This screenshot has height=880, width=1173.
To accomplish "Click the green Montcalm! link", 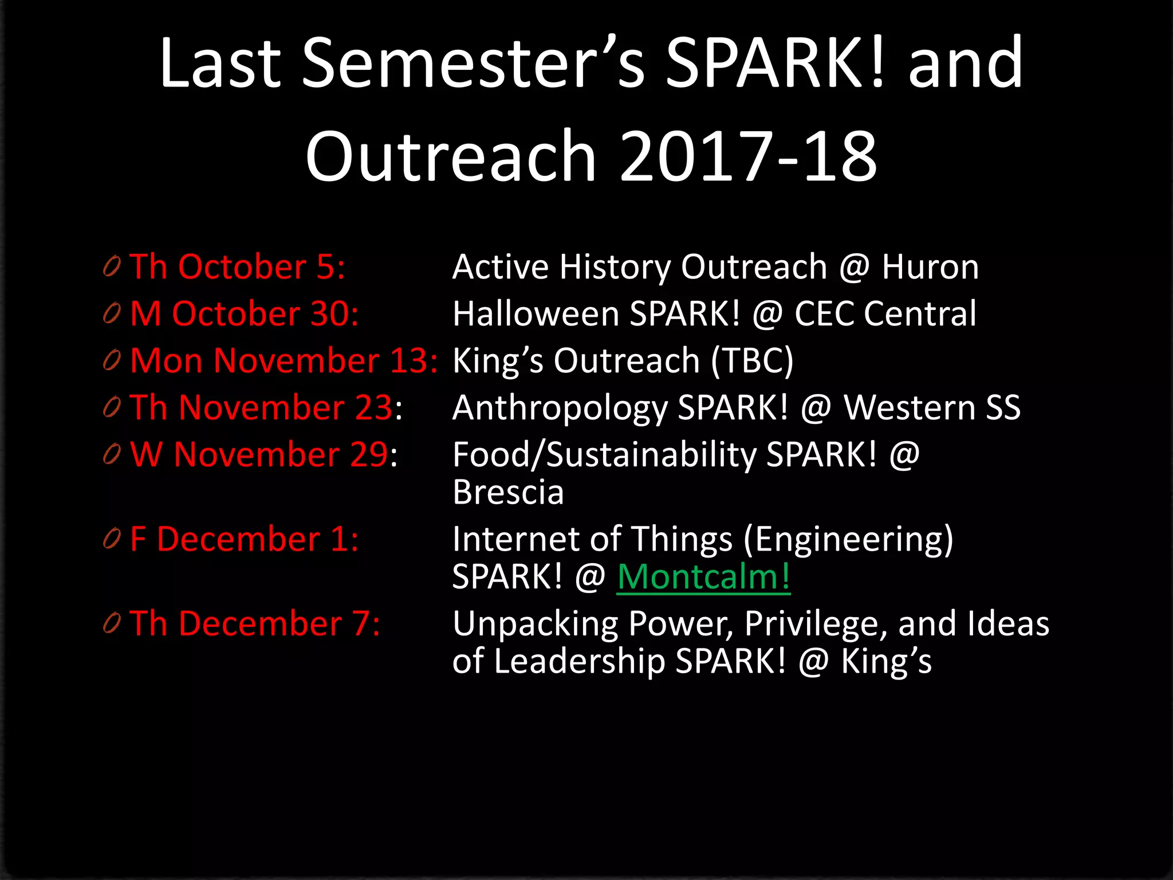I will (x=703, y=576).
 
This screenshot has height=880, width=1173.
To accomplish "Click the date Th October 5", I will (x=237, y=267).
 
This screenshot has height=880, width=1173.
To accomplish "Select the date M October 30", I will (x=244, y=314).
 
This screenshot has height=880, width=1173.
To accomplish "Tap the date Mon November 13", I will (x=284, y=361).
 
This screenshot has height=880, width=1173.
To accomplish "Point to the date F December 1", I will (x=244, y=540).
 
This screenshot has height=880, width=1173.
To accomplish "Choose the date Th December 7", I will (x=254, y=623).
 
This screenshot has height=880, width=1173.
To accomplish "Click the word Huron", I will (x=930, y=267).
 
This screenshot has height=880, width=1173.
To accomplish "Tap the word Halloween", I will (x=536, y=314).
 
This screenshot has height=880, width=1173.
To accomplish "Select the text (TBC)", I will (x=752, y=361).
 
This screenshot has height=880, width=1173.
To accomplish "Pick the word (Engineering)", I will (x=848, y=540).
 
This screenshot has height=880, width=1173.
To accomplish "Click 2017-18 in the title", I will (x=748, y=156).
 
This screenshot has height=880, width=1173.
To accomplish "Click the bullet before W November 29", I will (x=112, y=454).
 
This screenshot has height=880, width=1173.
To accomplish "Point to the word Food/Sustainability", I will (x=604, y=455).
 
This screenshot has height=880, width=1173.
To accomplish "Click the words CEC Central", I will (x=885, y=314).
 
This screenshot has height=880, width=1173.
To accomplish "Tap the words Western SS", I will (x=932, y=408).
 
